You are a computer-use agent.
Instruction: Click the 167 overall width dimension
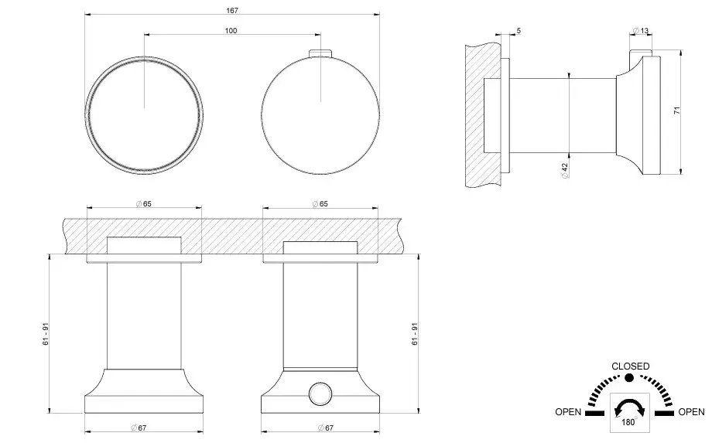coord(232,10)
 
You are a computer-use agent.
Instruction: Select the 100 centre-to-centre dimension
coord(231,30)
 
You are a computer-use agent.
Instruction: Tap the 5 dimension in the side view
coord(519,31)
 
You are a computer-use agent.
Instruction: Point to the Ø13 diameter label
coord(641,31)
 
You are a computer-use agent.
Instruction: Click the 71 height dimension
coord(677,111)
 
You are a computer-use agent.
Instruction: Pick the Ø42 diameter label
coord(565,171)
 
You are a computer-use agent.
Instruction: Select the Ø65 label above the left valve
coord(143,204)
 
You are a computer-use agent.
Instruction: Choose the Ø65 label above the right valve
coord(320,204)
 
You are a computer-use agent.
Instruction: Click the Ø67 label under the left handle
coord(139,428)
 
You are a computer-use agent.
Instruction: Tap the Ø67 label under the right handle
coord(326,428)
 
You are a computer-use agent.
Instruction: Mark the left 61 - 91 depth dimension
coord(46,334)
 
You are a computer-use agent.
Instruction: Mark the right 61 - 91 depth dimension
coord(415,334)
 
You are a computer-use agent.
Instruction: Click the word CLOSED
coord(630,366)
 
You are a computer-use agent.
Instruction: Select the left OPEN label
coord(568,412)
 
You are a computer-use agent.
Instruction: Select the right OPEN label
coord(692,412)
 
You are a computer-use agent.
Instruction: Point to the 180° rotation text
coord(629,422)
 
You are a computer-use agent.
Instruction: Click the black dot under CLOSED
coord(629,378)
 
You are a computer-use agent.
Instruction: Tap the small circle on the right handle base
coord(320,393)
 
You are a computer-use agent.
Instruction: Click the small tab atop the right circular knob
coord(321,53)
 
